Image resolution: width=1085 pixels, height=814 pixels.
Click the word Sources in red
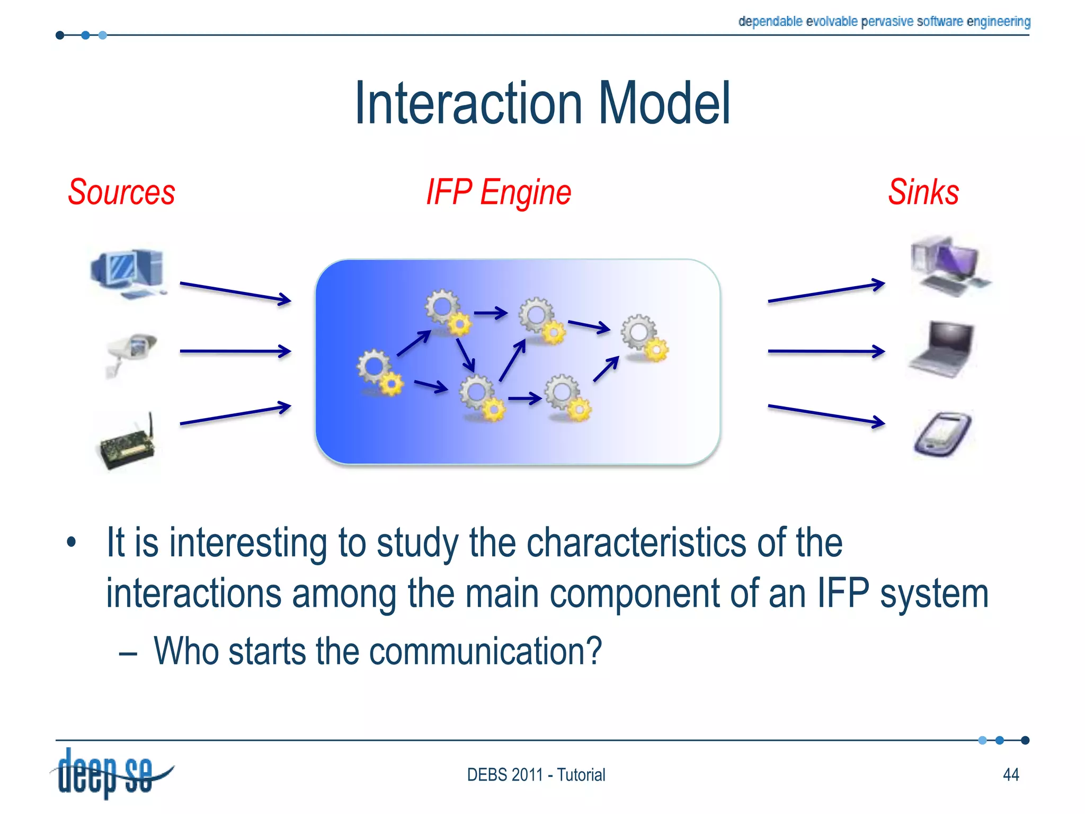tap(121, 192)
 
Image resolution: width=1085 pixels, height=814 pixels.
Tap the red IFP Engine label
tap(499, 192)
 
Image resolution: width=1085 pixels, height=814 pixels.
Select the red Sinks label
tap(923, 192)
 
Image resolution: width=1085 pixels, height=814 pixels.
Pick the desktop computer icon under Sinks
tap(948, 266)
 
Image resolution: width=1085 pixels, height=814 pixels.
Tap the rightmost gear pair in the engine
tap(644, 338)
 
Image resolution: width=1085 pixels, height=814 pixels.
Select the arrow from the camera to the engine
tap(235, 351)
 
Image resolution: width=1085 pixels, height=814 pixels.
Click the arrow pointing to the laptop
tap(825, 351)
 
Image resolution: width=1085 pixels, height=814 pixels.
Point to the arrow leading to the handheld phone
tap(825, 414)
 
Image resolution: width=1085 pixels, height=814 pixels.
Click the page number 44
tap(1011, 775)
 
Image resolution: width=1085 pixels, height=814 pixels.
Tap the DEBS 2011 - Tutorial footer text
tap(536, 775)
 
